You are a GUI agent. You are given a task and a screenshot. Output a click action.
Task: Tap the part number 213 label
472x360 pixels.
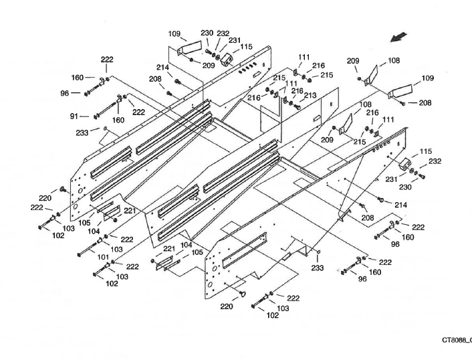click(x=310, y=96)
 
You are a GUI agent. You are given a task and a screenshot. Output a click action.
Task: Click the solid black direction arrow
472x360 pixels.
click(x=400, y=36)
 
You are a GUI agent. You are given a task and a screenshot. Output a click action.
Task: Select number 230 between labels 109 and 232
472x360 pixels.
click(x=207, y=33)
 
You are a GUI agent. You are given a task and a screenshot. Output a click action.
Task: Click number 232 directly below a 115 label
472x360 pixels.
click(x=435, y=161)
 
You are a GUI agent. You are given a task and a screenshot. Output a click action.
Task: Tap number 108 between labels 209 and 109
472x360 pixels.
click(x=394, y=61)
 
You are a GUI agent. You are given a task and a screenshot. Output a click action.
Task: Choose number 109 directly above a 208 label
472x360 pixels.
click(x=427, y=78)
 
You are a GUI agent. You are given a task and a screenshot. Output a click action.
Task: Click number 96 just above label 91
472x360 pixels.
click(x=65, y=93)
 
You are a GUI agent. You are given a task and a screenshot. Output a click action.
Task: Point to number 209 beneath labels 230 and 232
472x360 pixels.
click(x=209, y=66)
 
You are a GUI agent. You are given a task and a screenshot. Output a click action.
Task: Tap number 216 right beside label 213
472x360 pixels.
click(x=298, y=90)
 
